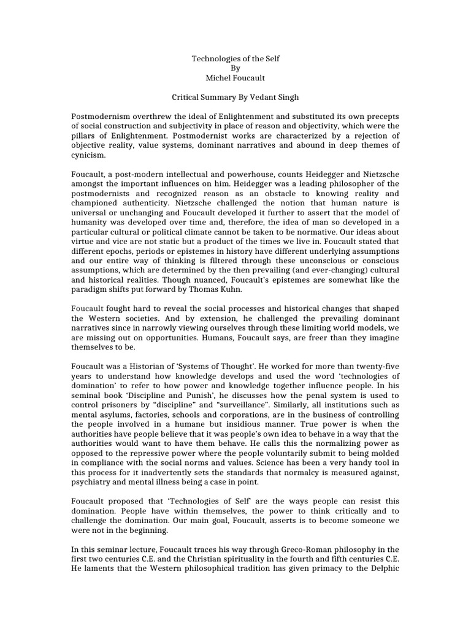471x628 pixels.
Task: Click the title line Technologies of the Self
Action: pos(235,58)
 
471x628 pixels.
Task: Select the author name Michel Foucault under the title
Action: pos(235,78)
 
